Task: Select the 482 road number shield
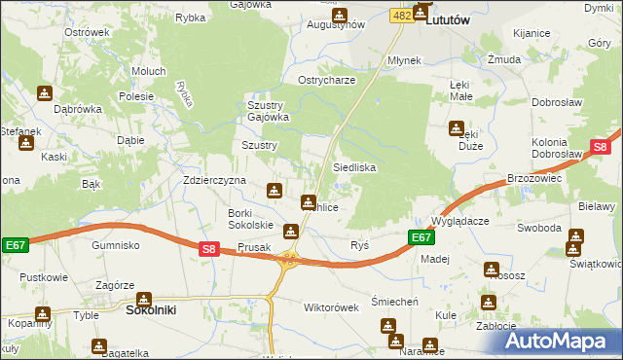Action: point(401,16)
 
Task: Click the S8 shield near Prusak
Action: point(208,249)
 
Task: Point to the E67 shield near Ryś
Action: point(420,237)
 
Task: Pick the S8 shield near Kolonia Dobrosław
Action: point(600,148)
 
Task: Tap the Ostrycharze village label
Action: point(327,80)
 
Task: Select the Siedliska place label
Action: point(354,167)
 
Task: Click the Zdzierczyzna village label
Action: point(214,181)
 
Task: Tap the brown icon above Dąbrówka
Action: point(45,93)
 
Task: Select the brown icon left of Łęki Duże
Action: point(457,128)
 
